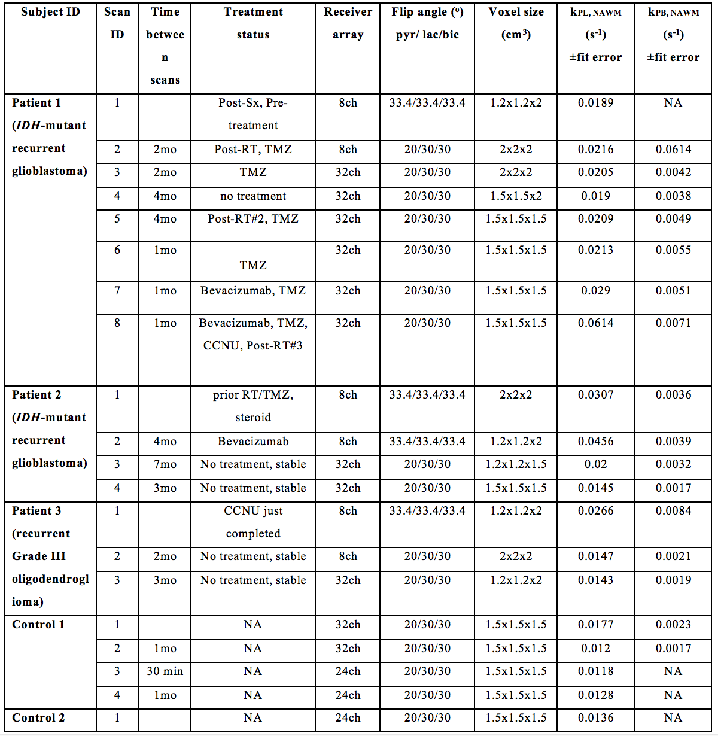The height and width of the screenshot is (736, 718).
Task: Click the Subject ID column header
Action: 50,12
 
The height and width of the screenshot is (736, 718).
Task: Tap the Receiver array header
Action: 348,23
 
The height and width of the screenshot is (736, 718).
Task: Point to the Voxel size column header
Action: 516,23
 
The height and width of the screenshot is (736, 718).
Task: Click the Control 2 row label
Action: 38,718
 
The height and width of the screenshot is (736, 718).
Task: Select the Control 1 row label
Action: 38,625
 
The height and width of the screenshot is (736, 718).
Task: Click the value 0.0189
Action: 595,103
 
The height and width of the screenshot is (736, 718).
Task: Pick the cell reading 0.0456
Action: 595,442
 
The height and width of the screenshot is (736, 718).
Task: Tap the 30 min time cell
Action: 165,671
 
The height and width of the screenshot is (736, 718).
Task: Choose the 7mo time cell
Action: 165,464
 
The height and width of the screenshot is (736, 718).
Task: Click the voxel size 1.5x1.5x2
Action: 516,196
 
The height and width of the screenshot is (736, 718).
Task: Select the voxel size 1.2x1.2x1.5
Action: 516,464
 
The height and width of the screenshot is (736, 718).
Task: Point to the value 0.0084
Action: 673,511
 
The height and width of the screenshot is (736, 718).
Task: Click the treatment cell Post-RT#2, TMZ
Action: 253,219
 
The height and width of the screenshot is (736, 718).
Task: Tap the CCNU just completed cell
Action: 253,522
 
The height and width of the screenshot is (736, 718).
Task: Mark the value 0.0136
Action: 595,718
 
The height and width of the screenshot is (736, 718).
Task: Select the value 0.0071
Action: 673,323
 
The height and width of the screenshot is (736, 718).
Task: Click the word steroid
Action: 253,418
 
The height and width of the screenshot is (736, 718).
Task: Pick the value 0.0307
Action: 595,395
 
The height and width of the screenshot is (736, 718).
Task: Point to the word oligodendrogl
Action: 50,579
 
